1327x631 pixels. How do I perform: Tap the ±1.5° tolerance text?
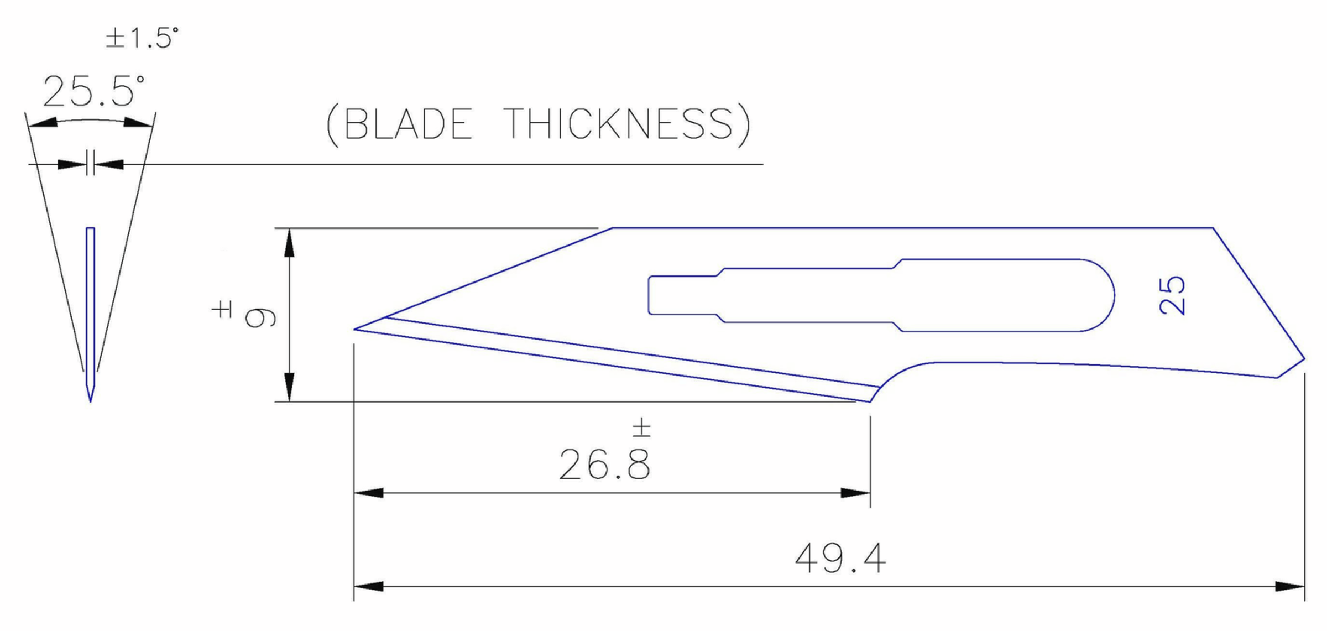tap(142, 38)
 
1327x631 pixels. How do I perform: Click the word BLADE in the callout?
tap(408, 124)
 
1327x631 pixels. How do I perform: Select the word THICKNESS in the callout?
tap(619, 124)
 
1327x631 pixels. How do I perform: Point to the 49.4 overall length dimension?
tap(840, 559)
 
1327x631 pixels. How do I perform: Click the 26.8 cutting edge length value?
tap(604, 465)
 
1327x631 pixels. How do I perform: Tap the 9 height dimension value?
tap(260, 317)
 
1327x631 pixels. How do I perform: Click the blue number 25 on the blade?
tap(1173, 295)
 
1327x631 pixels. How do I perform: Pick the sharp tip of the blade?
tap(354, 329)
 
